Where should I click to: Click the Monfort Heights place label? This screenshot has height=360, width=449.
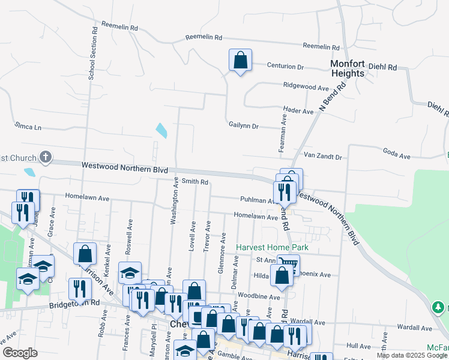[x=348, y=68]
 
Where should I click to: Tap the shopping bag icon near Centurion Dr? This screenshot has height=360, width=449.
[x=240, y=61]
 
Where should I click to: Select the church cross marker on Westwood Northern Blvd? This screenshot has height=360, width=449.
[x=45, y=157]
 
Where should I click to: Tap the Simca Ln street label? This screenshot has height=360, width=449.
[x=28, y=127]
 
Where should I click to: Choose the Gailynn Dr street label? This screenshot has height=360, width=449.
[x=243, y=126]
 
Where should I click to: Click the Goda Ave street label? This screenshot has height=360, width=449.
[x=396, y=156]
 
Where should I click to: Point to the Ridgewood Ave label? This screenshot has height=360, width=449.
[x=306, y=87]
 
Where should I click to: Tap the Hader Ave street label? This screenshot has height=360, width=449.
[x=298, y=111]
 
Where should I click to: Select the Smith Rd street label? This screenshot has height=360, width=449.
[x=195, y=181]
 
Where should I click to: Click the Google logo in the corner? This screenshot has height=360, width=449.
[x=20, y=353]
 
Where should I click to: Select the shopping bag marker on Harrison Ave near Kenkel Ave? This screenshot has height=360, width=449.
[x=85, y=253]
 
